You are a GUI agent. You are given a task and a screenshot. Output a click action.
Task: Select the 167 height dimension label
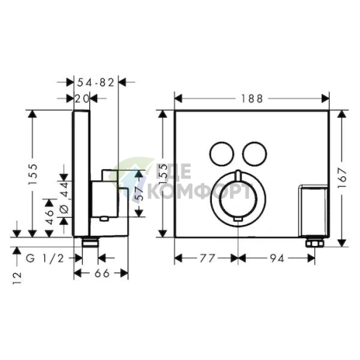(x=350, y=172)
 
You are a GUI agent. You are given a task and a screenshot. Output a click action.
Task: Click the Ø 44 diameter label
(x=63, y=197)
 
